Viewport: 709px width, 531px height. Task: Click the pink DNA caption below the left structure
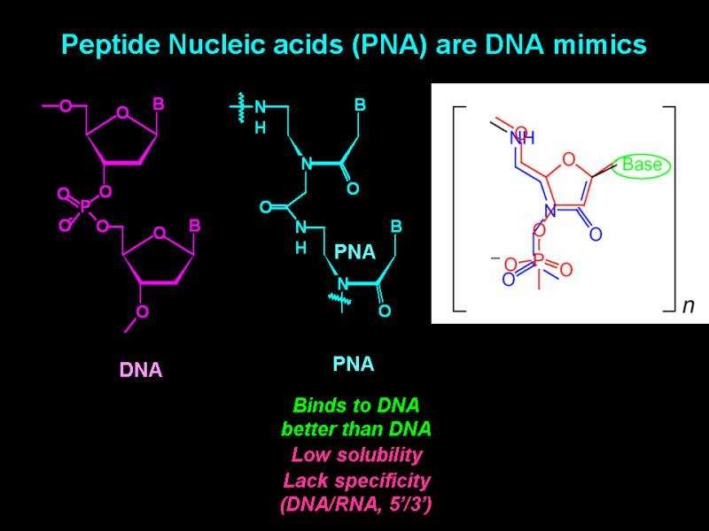point(141,371)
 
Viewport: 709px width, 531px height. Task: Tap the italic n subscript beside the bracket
point(688,306)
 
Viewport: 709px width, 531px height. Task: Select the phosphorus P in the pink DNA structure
point(85,205)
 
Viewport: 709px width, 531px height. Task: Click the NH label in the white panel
point(522,139)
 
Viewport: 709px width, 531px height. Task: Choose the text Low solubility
point(355,455)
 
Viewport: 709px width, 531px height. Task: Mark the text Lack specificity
point(355,481)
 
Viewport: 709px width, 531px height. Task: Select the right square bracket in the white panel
point(670,208)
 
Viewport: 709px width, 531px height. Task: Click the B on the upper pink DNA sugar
point(159,104)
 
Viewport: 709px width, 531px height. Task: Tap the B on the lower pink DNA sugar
point(194,227)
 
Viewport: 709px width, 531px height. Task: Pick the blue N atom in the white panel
point(550,211)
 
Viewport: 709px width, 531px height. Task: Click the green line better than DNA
point(355,429)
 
